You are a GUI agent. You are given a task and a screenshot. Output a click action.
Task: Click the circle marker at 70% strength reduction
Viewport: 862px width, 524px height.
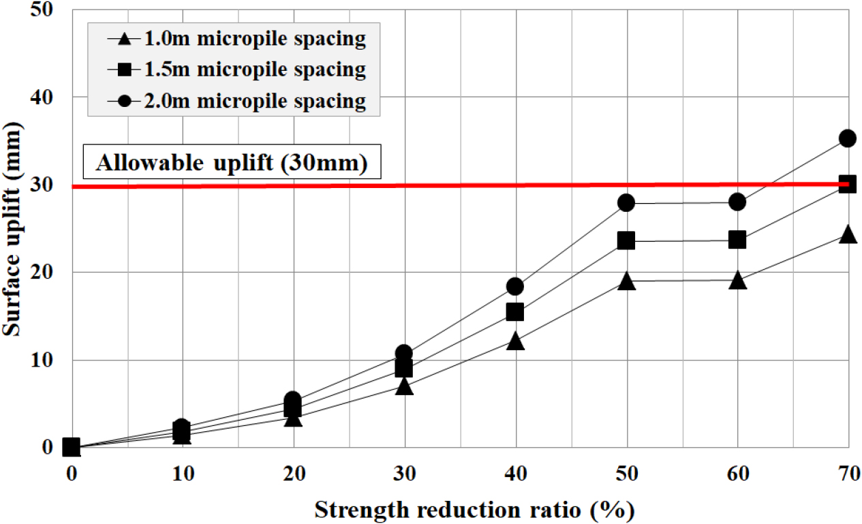(848, 138)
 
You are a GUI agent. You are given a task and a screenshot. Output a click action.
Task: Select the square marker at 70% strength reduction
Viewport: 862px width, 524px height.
(848, 184)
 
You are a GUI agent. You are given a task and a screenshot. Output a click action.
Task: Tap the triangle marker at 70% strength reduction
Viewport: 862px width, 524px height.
(848, 235)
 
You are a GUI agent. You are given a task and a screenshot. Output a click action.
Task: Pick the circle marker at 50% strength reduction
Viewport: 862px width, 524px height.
(626, 202)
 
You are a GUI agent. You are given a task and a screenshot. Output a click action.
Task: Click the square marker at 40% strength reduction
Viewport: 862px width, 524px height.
(515, 311)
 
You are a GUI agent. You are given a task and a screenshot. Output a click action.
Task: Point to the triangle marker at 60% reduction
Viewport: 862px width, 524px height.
(737, 280)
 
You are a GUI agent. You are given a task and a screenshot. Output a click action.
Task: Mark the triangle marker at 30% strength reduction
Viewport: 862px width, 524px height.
(405, 386)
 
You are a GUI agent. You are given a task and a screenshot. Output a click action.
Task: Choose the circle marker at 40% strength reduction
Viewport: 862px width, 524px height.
(515, 286)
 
